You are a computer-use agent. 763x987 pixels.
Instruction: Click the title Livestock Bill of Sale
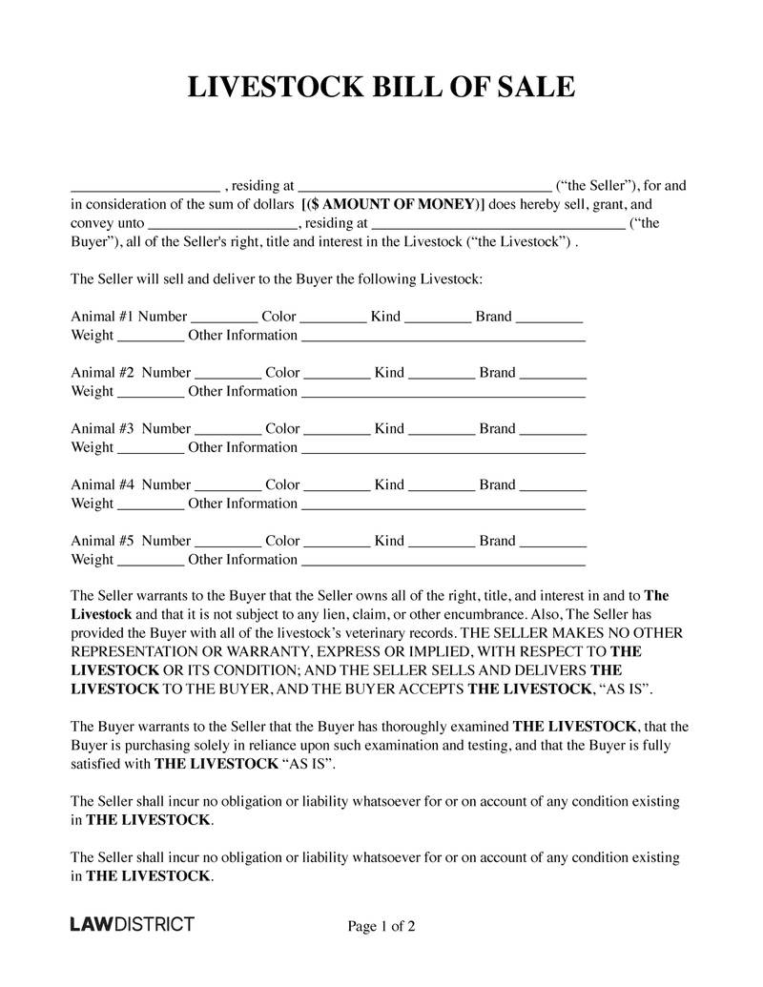point(381,87)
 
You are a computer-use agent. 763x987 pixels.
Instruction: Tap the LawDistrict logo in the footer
point(133,924)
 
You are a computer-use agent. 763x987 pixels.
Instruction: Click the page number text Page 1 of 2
point(381,925)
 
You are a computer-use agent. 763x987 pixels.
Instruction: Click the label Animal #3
point(104,429)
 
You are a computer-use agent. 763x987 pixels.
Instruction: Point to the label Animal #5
point(104,541)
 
